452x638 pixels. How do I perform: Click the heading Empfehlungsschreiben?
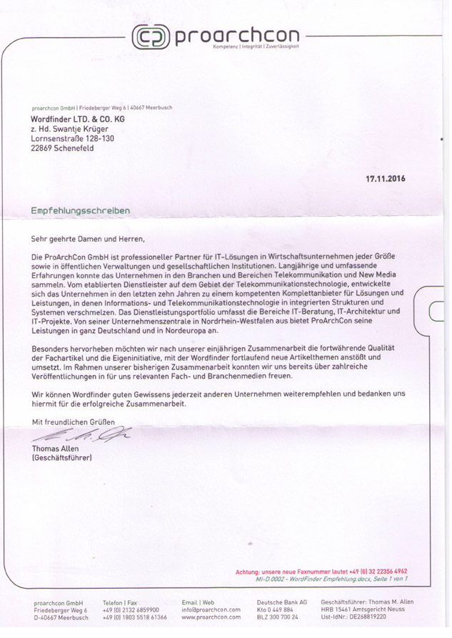tap(80, 211)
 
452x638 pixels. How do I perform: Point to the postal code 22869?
tap(44, 149)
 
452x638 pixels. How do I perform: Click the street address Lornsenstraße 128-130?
tap(72, 139)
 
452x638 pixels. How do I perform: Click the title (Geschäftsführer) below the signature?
tap(62, 457)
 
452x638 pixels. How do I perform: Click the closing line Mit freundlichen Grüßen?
tap(73, 423)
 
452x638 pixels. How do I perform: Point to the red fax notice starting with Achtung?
tap(321, 572)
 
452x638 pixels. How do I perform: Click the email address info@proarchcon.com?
tap(211, 610)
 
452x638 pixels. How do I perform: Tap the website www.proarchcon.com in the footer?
tap(211, 618)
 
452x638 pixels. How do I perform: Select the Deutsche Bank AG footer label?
tap(281, 602)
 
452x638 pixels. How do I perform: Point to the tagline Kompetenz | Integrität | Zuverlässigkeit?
tap(256, 46)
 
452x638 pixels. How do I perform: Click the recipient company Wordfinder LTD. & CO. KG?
tap(77, 118)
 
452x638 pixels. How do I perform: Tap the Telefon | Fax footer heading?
tap(119, 602)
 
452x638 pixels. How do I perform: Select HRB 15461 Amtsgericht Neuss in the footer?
tap(363, 610)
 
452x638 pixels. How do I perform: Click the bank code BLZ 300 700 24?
tap(277, 618)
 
